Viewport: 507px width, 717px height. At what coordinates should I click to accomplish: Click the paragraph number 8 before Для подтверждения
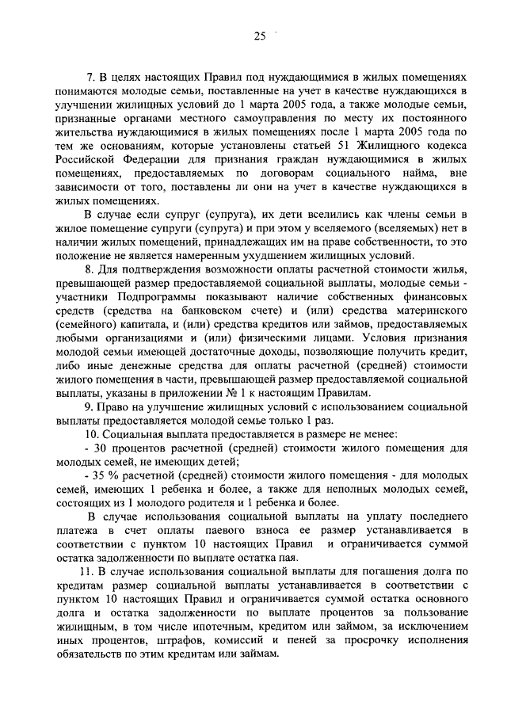[x=90, y=272]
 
